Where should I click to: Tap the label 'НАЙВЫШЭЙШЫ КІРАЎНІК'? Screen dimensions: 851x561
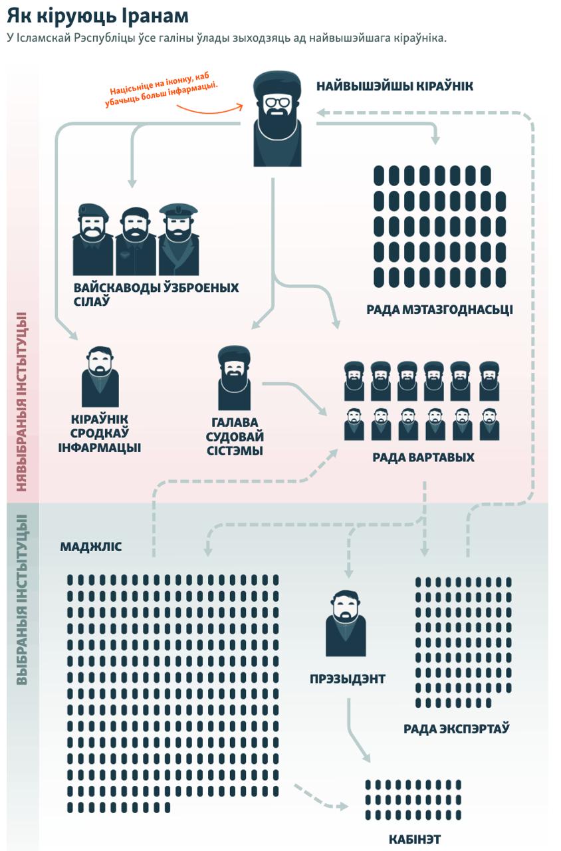pyautogui.click(x=394, y=86)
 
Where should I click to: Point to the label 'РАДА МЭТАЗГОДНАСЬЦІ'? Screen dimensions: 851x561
pyautogui.click(x=439, y=310)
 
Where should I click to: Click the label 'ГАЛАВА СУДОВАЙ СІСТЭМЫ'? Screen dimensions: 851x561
pyautogui.click(x=237, y=437)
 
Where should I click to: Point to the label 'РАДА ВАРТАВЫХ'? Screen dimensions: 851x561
pyautogui.click(x=423, y=457)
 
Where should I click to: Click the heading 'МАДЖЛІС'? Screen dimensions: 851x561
pyautogui.click(x=91, y=547)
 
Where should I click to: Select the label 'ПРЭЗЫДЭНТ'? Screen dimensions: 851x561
pyautogui.click(x=347, y=679)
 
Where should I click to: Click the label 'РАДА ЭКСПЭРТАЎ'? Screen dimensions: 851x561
pyautogui.click(x=456, y=729)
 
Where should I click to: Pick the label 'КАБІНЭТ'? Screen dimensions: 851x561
pyautogui.click(x=414, y=839)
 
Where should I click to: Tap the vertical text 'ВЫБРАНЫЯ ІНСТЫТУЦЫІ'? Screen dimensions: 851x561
pyautogui.click(x=22, y=598)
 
